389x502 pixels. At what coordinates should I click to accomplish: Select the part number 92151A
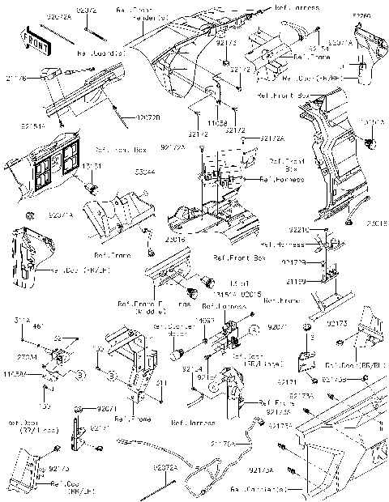click(x=32, y=127)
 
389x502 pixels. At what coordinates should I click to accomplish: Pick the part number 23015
click(x=375, y=222)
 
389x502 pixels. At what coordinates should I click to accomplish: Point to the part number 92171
click(x=286, y=381)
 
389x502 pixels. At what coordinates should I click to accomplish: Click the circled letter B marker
click(x=80, y=375)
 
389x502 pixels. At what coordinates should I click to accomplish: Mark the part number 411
click(x=160, y=383)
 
